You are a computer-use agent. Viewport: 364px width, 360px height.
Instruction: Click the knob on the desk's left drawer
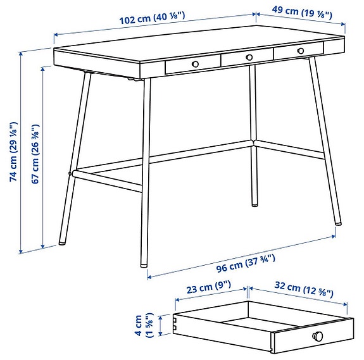196,64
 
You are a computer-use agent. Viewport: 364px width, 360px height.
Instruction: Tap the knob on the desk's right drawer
301,51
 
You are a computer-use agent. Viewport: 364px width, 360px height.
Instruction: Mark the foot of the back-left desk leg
61,243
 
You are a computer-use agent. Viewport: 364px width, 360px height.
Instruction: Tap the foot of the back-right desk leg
255,204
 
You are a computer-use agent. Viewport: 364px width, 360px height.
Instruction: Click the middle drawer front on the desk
247,58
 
